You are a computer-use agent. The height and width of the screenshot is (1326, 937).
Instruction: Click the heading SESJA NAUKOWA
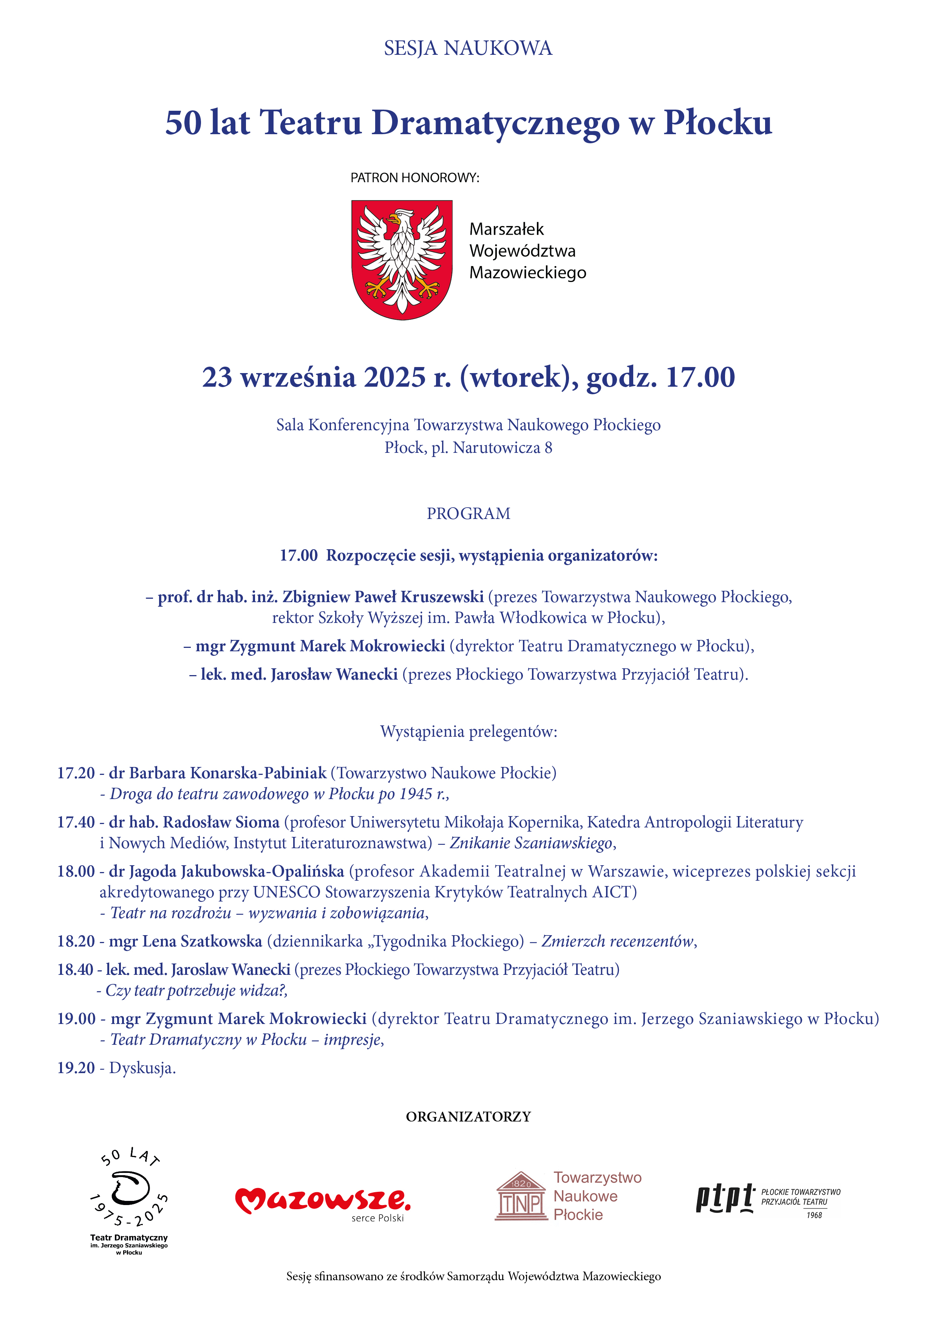468,48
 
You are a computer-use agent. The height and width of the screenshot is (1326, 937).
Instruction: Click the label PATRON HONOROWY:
414,178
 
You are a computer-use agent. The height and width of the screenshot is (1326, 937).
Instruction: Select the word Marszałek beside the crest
506,229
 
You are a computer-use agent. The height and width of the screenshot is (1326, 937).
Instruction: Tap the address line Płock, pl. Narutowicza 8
468,448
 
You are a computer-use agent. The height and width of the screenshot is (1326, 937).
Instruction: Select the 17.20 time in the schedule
76,773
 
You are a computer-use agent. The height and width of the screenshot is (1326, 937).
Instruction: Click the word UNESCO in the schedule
286,892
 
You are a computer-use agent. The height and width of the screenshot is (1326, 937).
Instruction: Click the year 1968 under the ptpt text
814,1215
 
